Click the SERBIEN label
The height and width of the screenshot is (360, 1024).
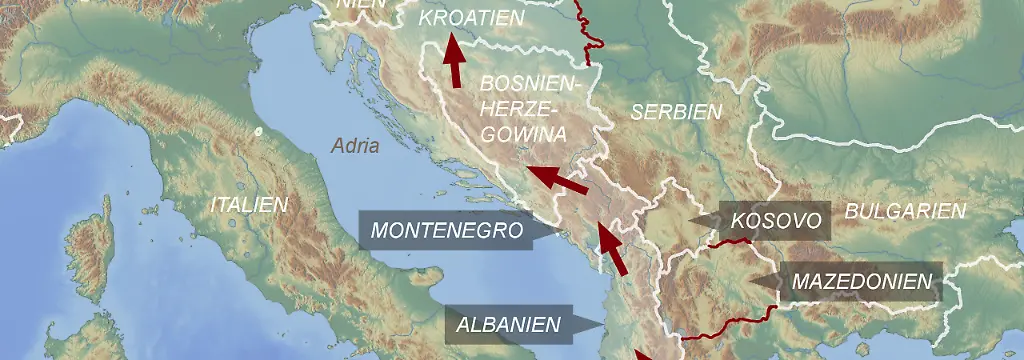point(675,112)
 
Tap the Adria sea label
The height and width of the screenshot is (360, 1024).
point(355,146)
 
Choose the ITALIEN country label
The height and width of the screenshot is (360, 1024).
point(249,205)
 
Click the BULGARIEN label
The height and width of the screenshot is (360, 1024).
point(905,211)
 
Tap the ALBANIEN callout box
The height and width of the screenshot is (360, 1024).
point(508,324)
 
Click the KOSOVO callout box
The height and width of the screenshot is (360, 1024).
point(776,220)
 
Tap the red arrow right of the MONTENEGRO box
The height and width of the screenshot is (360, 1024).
point(612,249)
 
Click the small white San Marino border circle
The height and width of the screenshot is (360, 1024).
point(258,131)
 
